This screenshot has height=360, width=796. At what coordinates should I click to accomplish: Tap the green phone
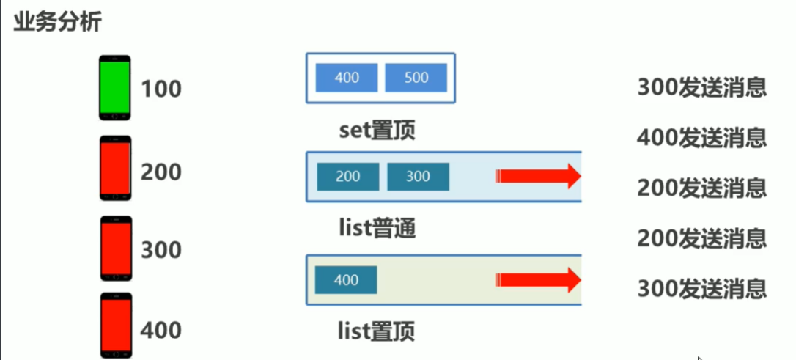[x=115, y=89]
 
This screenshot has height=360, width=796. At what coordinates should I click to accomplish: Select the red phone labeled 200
[x=115, y=168]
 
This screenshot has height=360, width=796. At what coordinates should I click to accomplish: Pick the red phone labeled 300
[x=115, y=248]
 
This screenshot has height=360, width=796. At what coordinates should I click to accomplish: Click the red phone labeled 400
[x=115, y=326]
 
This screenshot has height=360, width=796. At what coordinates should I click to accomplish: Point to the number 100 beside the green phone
[x=161, y=90]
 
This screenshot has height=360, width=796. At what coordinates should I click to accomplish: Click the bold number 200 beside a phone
[x=161, y=172]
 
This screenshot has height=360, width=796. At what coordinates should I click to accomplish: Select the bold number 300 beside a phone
[x=161, y=251]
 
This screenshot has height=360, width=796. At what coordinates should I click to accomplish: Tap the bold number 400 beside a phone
[x=161, y=330]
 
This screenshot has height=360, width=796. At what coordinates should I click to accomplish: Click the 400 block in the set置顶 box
[x=347, y=78]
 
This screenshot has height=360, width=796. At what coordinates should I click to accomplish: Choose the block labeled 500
[x=416, y=78]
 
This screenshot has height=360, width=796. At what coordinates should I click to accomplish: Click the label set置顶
[x=377, y=131]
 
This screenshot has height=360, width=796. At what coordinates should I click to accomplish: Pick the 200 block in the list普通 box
[x=347, y=177]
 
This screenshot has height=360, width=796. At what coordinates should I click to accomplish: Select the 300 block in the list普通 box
[x=418, y=177]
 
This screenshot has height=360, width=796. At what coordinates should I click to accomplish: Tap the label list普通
[x=377, y=229]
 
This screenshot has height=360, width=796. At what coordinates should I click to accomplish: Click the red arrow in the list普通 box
[x=538, y=177]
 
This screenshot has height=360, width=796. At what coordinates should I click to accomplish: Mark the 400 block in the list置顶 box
[x=346, y=280]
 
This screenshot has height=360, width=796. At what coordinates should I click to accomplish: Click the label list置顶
[x=377, y=331]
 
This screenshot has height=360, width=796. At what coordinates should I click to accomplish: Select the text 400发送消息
[x=701, y=137]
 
